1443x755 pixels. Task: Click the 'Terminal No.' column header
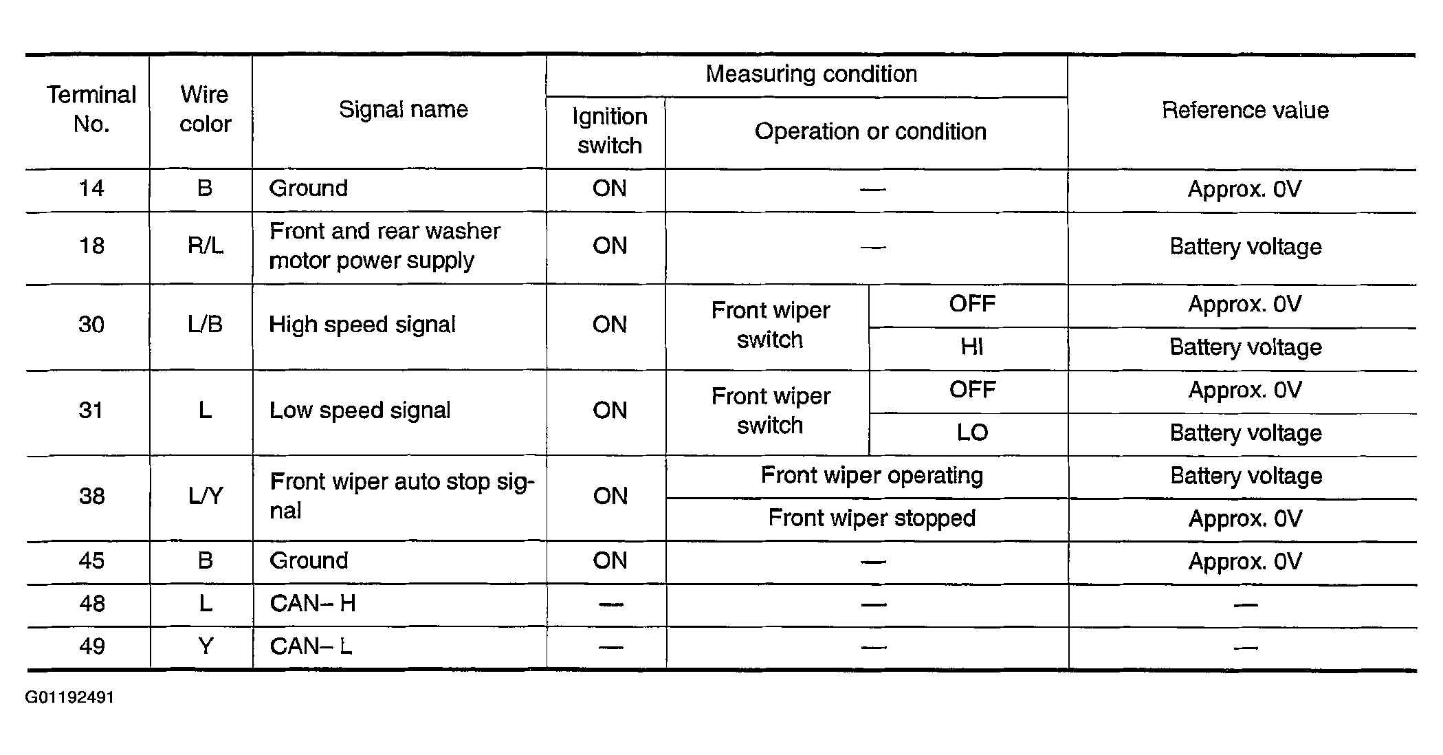[91, 109]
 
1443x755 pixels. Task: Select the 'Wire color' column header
[205, 109]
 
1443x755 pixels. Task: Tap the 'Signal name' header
[404, 109]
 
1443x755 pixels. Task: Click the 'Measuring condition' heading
[811, 74]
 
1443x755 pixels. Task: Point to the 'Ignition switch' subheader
[610, 131]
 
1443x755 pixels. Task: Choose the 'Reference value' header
[1245, 110]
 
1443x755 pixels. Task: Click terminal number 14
[91, 188]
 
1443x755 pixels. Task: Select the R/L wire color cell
[205, 246]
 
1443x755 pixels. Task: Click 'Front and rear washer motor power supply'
[385, 246]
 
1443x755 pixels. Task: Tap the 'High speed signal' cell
[362, 325]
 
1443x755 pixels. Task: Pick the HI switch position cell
[971, 347]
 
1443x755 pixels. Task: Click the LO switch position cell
[972, 433]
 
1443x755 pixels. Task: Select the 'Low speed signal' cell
[360, 411]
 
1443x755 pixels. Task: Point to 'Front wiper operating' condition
[872, 476]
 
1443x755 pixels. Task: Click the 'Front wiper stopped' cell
[872, 518]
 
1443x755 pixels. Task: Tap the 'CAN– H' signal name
[313, 604]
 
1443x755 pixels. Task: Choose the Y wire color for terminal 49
[205, 646]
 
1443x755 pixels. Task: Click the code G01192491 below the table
[69, 698]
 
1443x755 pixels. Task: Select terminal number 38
[92, 496]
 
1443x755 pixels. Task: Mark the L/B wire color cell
[205, 325]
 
